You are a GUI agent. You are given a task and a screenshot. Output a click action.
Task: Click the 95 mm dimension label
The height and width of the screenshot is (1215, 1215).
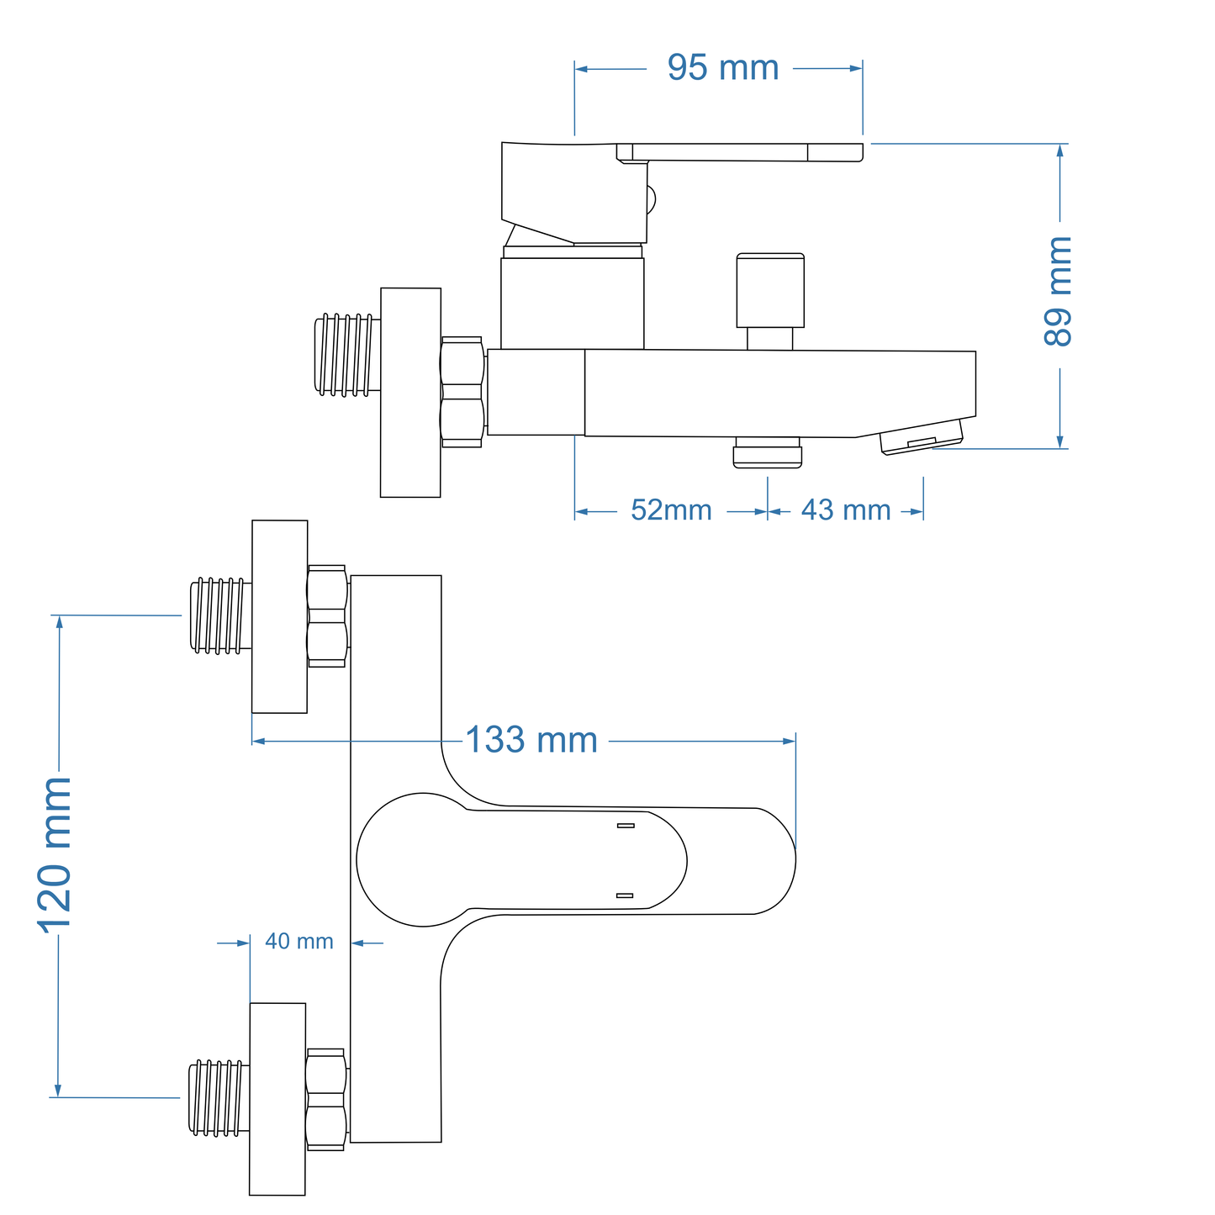click(x=723, y=67)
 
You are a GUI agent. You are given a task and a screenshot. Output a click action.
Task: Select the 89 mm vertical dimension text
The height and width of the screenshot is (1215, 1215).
click(x=1058, y=291)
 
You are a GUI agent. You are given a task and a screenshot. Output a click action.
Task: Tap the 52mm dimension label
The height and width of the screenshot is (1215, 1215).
click(x=671, y=510)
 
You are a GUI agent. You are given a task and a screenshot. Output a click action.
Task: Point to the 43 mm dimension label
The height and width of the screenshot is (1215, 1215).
click(x=845, y=510)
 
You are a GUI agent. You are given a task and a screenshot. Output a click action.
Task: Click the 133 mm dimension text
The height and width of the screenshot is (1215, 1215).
click(x=531, y=740)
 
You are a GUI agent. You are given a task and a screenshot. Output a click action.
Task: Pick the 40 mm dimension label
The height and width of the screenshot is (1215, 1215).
click(x=299, y=942)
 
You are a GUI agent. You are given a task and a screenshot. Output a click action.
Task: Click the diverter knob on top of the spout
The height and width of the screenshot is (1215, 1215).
click(x=769, y=291)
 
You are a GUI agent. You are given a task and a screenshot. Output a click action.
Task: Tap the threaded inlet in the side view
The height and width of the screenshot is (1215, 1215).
click(x=345, y=354)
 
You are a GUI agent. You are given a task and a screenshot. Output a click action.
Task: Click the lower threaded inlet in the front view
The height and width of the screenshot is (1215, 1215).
click(x=219, y=1097)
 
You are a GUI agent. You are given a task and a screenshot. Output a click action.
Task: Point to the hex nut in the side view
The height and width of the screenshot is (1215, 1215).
click(x=462, y=392)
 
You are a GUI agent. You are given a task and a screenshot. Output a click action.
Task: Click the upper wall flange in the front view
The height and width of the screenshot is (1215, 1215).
click(x=280, y=616)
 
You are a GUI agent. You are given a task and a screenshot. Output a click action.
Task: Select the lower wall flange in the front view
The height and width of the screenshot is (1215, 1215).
click(x=277, y=1098)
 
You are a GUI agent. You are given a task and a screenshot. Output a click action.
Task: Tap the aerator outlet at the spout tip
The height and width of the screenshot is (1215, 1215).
click(x=922, y=437)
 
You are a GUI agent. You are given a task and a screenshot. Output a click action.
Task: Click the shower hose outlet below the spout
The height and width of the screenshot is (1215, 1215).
click(x=767, y=452)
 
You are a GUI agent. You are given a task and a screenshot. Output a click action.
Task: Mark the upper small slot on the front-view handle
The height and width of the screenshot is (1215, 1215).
click(x=625, y=826)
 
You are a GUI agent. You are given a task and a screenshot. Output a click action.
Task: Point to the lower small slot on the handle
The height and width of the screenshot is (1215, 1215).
click(x=625, y=895)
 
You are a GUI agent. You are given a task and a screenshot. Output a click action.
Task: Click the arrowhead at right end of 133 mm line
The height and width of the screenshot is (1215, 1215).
click(x=790, y=741)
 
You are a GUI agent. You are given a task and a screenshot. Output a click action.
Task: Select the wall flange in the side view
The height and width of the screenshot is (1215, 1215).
click(x=410, y=392)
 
